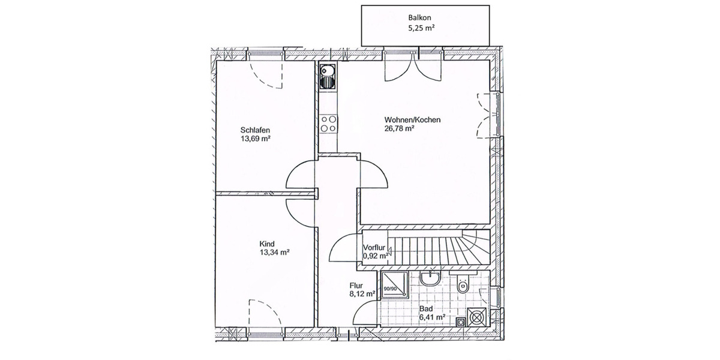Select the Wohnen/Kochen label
413,120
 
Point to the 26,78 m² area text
400,128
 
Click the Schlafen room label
255,130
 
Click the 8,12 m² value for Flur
362,294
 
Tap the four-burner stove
328,124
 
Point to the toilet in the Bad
462,286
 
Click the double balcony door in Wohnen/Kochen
413,67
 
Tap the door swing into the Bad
366,312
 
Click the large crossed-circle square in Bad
477,316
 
